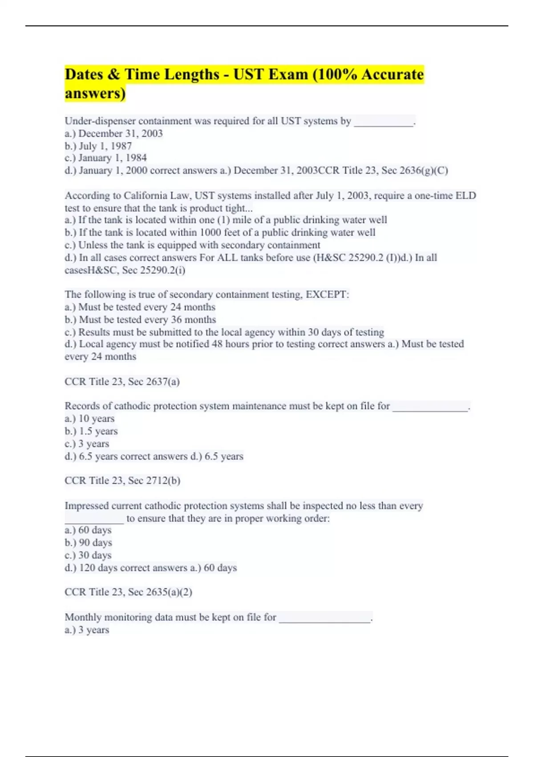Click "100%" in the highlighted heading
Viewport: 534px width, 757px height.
click(x=338, y=74)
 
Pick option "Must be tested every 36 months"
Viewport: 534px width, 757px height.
click(x=141, y=319)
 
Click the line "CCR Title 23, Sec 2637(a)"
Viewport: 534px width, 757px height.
click(x=122, y=382)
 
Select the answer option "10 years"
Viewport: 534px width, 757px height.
click(x=89, y=419)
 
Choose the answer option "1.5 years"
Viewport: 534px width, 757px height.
click(x=91, y=431)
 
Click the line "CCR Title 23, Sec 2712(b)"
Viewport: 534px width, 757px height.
click(x=122, y=480)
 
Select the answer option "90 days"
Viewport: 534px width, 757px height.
click(x=89, y=542)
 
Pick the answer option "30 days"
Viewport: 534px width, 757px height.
click(x=88, y=555)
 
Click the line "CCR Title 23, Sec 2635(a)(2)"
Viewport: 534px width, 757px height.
click(x=128, y=592)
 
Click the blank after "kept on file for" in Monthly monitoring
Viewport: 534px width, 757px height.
click(x=325, y=619)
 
